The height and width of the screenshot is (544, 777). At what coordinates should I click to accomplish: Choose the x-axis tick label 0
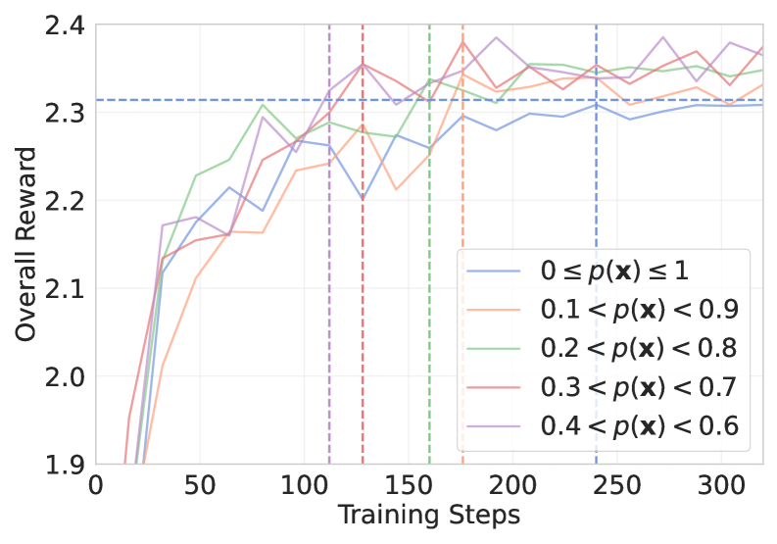(x=96, y=486)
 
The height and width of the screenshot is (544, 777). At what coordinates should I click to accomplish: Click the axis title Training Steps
(x=429, y=515)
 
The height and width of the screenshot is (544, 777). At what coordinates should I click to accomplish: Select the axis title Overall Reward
(x=26, y=244)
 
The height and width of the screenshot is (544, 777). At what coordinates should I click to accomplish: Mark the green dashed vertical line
(x=429, y=196)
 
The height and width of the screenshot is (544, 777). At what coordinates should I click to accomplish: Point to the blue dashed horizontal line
(x=245, y=100)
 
